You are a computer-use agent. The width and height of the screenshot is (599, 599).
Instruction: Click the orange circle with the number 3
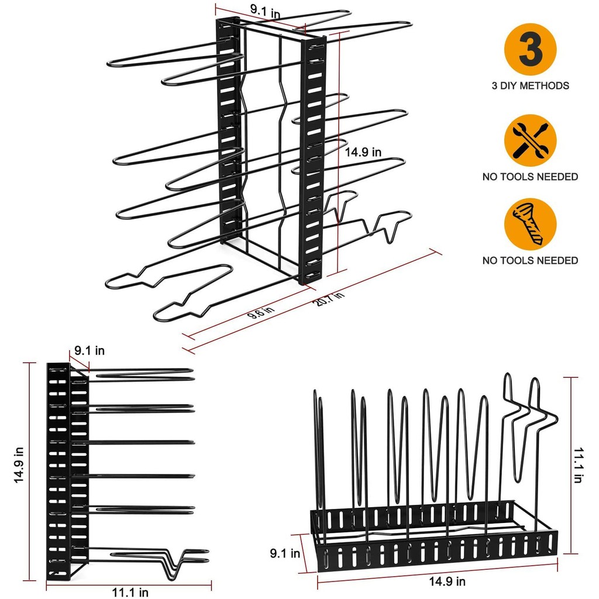click(x=530, y=49)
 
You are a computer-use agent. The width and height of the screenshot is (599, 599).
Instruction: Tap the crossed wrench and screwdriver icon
click(x=530, y=140)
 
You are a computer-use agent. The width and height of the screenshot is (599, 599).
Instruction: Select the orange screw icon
click(x=530, y=224)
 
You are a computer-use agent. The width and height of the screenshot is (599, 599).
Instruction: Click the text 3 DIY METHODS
click(x=530, y=85)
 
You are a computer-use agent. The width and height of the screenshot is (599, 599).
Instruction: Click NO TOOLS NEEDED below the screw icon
click(x=530, y=260)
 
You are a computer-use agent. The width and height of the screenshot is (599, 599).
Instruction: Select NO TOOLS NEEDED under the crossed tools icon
click(x=530, y=176)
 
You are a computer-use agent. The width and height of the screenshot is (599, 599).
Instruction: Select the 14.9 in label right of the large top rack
click(x=363, y=152)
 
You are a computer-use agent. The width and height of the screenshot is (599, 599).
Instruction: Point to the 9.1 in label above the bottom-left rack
click(x=89, y=351)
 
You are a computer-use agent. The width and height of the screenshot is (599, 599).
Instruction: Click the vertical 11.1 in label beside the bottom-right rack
click(x=578, y=464)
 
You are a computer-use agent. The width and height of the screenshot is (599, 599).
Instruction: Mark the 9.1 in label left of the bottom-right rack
click(x=285, y=553)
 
